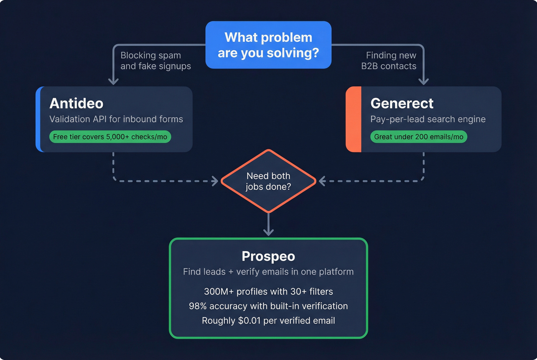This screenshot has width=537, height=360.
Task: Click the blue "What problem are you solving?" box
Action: point(268,45)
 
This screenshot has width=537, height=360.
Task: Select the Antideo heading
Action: point(76,103)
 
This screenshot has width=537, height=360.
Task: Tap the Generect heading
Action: point(402,103)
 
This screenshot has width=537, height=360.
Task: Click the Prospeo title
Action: point(268,256)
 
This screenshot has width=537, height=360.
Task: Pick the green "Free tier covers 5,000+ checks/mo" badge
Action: point(110,137)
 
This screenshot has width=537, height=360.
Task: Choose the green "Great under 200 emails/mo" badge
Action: point(418,137)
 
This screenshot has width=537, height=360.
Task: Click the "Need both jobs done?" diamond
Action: point(268,181)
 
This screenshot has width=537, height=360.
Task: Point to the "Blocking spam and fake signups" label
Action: point(155,61)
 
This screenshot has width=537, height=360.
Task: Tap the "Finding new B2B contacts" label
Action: point(389,61)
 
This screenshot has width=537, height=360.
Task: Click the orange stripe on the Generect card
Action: point(354,119)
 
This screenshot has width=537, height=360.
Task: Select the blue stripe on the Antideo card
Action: point(39,119)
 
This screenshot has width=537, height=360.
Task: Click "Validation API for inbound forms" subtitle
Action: point(116,119)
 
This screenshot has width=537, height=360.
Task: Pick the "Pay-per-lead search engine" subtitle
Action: point(428,119)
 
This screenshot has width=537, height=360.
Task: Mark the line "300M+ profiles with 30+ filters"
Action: point(268,291)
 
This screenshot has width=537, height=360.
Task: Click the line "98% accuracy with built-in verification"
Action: point(268,306)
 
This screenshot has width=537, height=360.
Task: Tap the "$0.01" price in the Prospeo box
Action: point(249,321)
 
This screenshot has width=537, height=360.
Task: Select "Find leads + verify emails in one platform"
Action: point(268,272)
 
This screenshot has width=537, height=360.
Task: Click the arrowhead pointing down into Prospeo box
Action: point(268,232)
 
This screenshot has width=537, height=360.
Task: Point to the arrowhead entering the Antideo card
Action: point(113,81)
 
